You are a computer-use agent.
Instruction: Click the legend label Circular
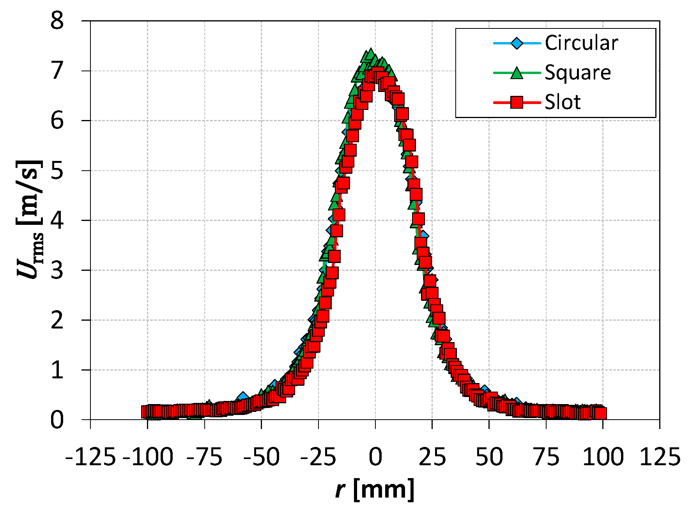[581, 43]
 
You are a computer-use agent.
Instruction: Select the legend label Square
[578, 72]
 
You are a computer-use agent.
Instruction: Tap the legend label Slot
[563, 102]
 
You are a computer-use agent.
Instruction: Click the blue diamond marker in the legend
[517, 43]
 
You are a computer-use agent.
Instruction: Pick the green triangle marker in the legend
[517, 73]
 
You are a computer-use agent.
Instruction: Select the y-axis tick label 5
[57, 171]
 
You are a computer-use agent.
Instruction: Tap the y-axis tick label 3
[57, 270]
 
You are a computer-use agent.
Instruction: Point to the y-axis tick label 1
[57, 370]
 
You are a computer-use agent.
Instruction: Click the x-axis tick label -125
[90, 457]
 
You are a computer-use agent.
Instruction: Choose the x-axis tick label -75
[204, 457]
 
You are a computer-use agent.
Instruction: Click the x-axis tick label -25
[318, 457]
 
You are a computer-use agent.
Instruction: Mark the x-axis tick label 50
[489, 457]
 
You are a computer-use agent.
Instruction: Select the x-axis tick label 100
[603, 457]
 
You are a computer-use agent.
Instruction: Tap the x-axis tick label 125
[660, 457]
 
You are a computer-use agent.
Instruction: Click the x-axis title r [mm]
[375, 490]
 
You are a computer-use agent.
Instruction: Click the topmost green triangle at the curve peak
[370, 54]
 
